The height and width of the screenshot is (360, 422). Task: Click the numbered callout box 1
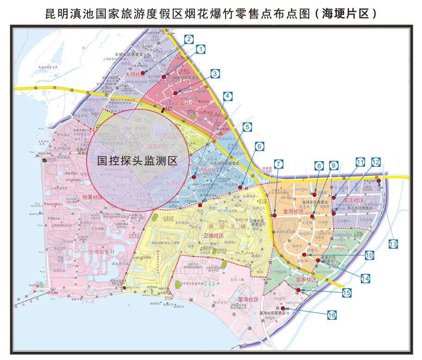click(201, 48)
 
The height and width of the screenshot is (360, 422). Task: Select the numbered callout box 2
click(189, 39)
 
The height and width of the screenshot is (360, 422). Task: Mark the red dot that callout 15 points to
click(298, 291)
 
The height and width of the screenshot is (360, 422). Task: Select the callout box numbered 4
click(227, 96)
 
